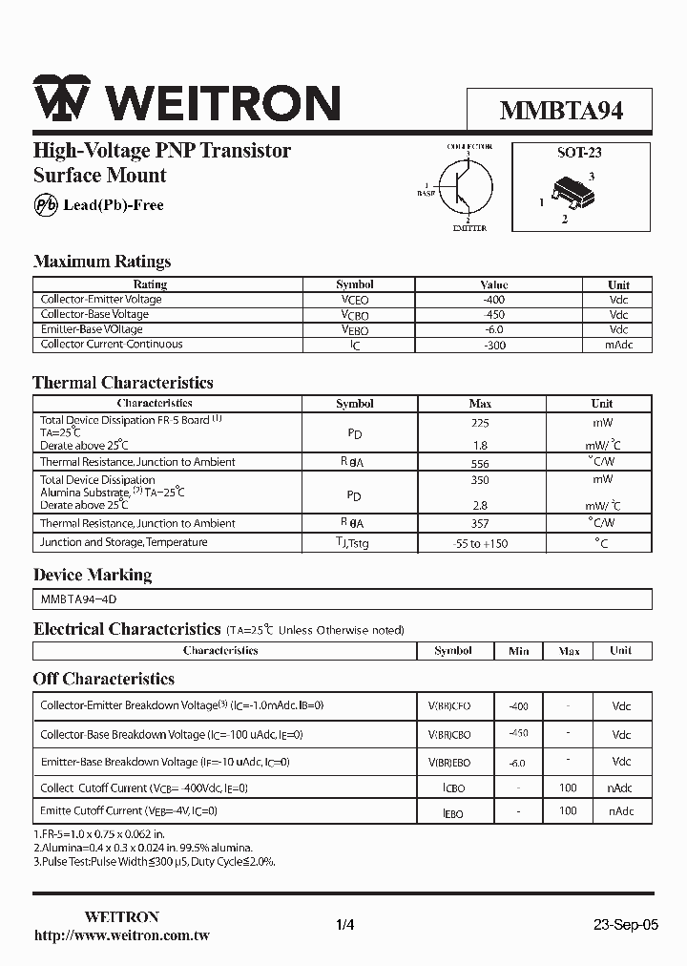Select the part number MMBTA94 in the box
point(561,111)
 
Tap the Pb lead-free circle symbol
point(46,205)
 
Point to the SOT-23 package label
point(579,152)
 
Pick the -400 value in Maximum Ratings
point(494,300)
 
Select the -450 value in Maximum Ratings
point(494,314)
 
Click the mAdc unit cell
point(618,345)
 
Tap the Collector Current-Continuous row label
point(112,345)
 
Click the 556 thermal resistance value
point(480,462)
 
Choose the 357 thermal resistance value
point(480,523)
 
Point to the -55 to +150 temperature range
point(480,543)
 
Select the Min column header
point(518,651)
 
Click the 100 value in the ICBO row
point(568,787)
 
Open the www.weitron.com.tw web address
point(121,935)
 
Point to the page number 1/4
point(345,925)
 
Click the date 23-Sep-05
point(625,925)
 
